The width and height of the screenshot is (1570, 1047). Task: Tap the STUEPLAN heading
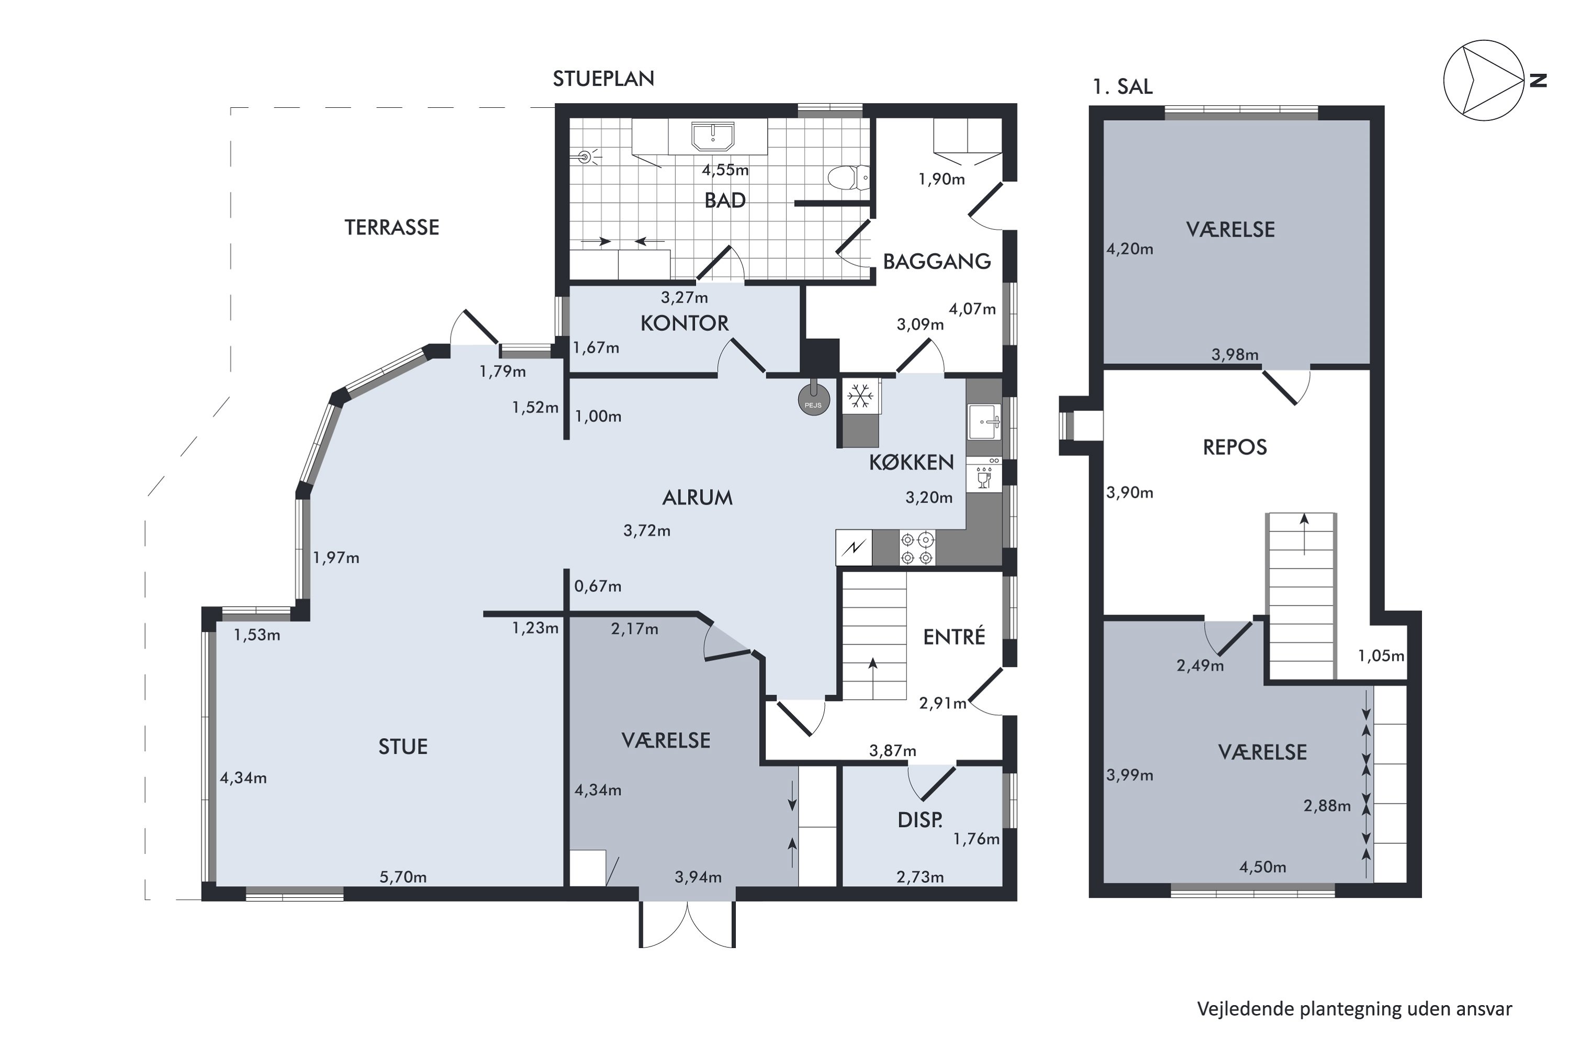pyautogui.click(x=603, y=79)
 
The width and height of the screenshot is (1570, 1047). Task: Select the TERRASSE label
pyautogui.click(x=392, y=228)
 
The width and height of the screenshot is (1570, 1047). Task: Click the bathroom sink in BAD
pyautogui.click(x=713, y=136)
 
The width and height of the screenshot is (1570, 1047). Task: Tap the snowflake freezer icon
pyautogui.click(x=860, y=397)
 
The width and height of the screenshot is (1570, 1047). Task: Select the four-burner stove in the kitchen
pyautogui.click(x=917, y=548)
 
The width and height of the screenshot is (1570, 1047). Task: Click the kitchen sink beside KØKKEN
pyautogui.click(x=984, y=422)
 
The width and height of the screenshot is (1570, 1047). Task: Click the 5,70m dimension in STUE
pyautogui.click(x=403, y=877)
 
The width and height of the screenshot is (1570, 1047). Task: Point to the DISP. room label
pyautogui.click(x=920, y=820)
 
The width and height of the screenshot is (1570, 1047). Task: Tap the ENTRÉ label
pyautogui.click(x=954, y=637)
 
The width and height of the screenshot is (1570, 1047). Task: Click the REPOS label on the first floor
pyautogui.click(x=1234, y=448)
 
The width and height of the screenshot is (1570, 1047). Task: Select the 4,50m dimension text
pyautogui.click(x=1263, y=867)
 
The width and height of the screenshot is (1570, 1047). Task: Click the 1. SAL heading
pyautogui.click(x=1123, y=87)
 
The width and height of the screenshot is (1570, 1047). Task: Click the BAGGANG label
pyautogui.click(x=937, y=262)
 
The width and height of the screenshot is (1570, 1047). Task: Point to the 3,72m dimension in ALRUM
pyautogui.click(x=647, y=531)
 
